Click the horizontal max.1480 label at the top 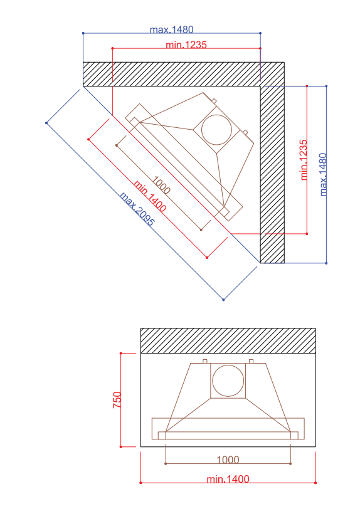[172, 29]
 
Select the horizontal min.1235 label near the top [186, 45]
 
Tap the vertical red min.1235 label [304, 160]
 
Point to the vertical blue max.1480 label [323, 175]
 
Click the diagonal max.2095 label [137, 209]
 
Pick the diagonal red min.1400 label [150, 196]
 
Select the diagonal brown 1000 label [161, 185]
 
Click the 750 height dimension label [117, 400]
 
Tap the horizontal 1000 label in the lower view [228, 459]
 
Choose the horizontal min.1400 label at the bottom [228, 479]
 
